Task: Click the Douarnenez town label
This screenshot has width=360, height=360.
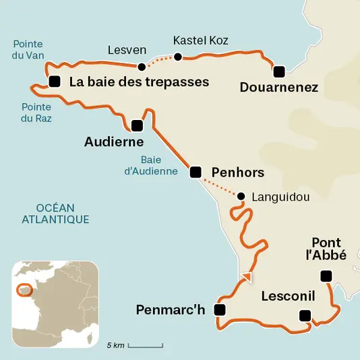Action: click(x=279, y=87)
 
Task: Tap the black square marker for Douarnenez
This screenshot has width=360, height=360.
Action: click(x=278, y=70)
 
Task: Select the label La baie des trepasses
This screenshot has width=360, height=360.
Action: click(x=139, y=82)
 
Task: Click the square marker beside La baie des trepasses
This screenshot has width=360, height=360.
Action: click(x=54, y=82)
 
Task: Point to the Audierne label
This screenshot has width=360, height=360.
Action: click(x=114, y=142)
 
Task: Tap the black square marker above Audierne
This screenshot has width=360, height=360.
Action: click(x=137, y=125)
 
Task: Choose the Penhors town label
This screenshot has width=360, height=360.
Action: click(x=238, y=173)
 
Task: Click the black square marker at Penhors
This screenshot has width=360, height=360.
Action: click(x=196, y=173)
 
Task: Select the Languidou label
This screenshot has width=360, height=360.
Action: click(x=280, y=198)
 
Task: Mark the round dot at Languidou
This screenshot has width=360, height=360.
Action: click(x=240, y=196)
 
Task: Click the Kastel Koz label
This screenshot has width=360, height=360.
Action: click(x=201, y=40)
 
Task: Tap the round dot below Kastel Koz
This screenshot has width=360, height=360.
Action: click(x=178, y=57)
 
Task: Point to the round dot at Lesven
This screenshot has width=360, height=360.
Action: click(x=142, y=67)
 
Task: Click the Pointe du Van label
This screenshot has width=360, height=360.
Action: click(x=28, y=51)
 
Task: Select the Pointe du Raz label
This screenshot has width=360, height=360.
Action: click(x=36, y=113)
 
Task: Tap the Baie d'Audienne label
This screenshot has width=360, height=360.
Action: click(x=160, y=166)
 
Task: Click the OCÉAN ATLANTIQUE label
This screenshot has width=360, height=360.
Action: click(x=55, y=214)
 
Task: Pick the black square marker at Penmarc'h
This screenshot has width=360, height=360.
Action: click(x=219, y=310)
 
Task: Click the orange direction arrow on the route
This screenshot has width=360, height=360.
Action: click(x=247, y=276)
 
